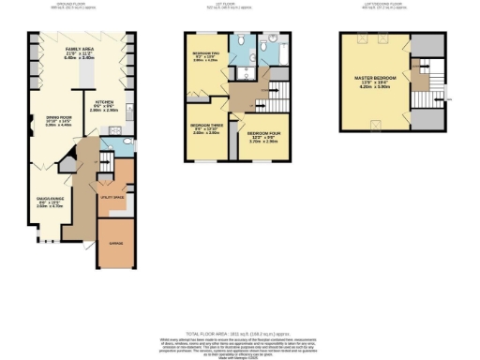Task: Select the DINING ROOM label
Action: tap(47, 118)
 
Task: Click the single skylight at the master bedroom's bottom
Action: tap(376, 122)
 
